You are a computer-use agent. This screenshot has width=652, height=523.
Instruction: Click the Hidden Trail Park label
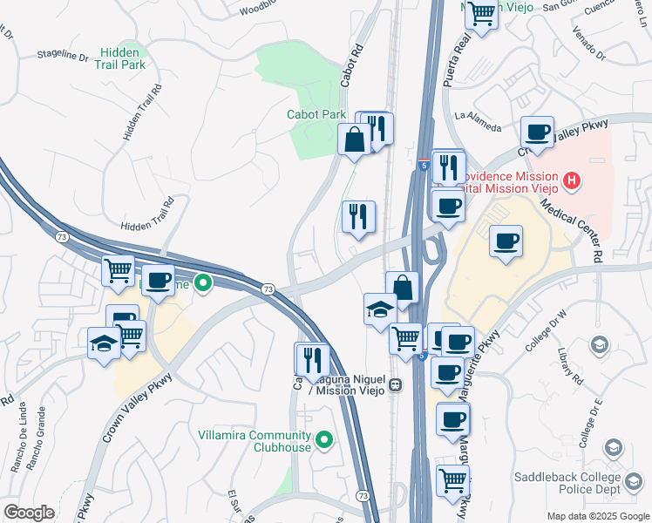pyautogui.click(x=120, y=58)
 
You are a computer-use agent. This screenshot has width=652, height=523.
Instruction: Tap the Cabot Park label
pyautogui.click(x=316, y=114)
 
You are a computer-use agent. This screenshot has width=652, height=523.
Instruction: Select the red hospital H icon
pyautogui.click(x=572, y=181)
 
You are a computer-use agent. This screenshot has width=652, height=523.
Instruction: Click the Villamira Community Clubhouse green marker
pyautogui.click(x=324, y=440)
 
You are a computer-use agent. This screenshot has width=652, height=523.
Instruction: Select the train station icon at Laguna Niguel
pyautogui.click(x=395, y=384)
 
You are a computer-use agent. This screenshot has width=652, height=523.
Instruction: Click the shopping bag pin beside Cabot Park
pyautogui.click(x=355, y=139)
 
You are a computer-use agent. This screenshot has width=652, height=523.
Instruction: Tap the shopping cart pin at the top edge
pyautogui.click(x=480, y=14)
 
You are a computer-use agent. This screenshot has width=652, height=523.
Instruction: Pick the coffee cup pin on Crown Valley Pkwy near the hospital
pyautogui.click(x=537, y=133)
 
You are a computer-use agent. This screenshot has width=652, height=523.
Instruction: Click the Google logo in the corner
pyautogui.click(x=29, y=512)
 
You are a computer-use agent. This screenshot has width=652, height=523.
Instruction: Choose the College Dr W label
pyautogui.click(x=546, y=330)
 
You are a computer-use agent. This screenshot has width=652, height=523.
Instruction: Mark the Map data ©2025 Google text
pyautogui.click(x=597, y=516)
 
